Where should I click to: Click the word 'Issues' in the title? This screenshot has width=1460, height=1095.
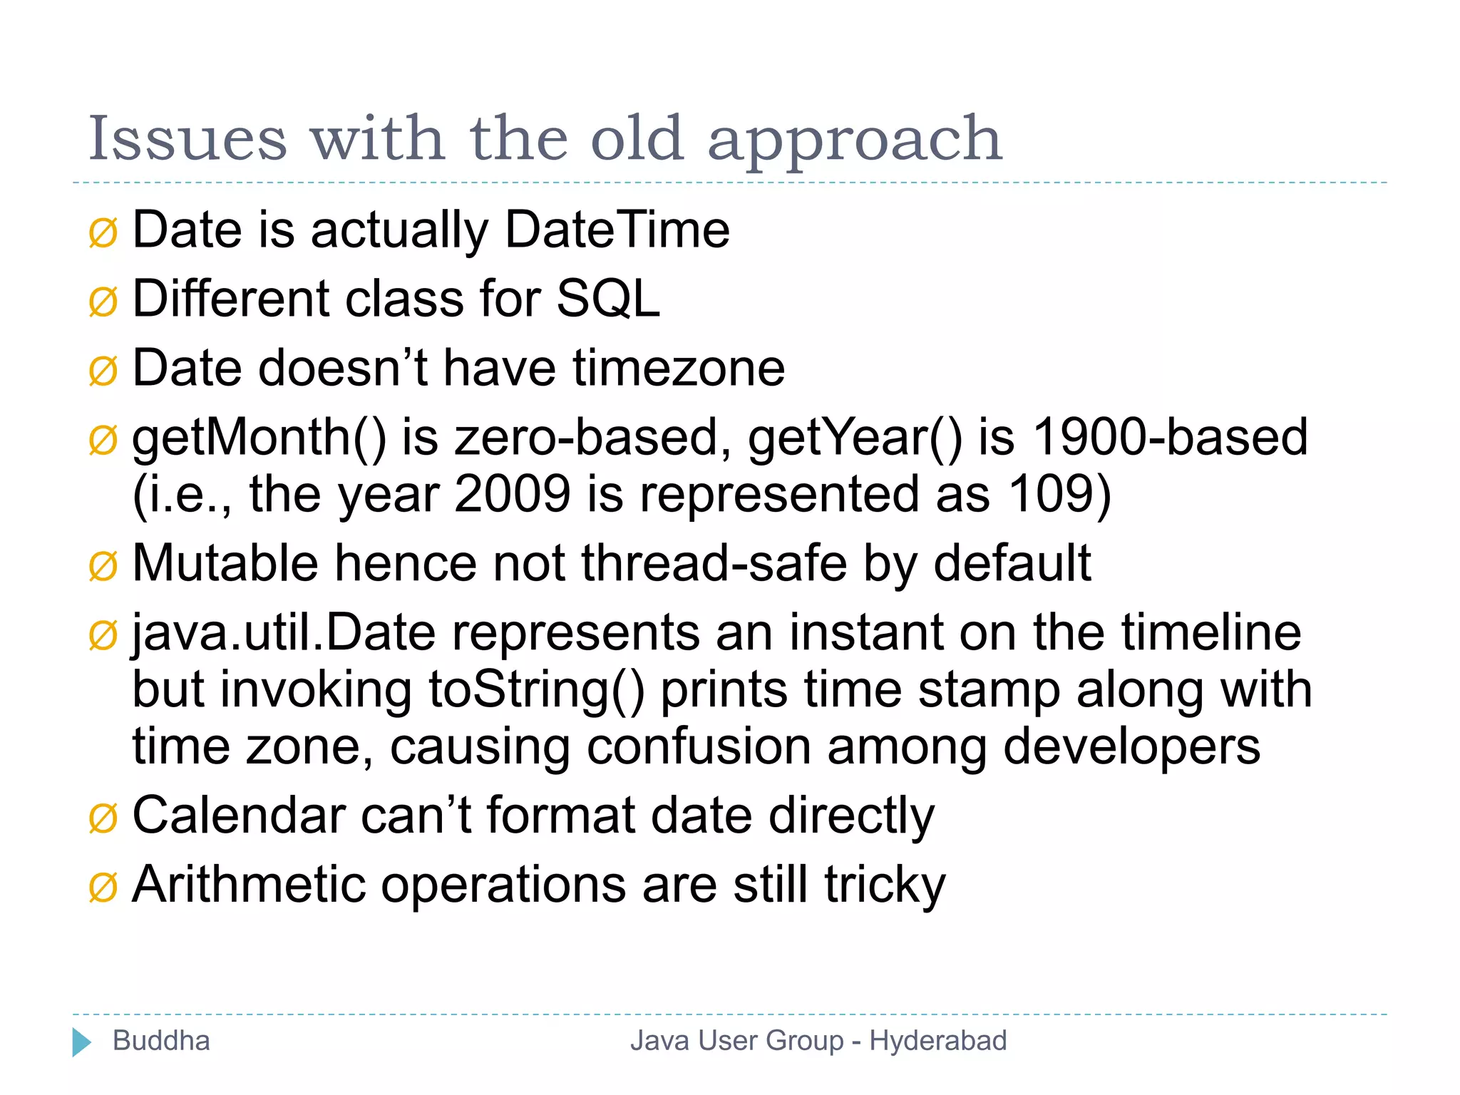pyautogui.click(x=187, y=139)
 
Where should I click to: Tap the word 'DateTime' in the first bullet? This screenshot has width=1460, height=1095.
pyautogui.click(x=617, y=230)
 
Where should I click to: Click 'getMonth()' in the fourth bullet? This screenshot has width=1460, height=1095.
pyautogui.click(x=259, y=438)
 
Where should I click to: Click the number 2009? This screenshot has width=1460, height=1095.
pyautogui.click(x=512, y=494)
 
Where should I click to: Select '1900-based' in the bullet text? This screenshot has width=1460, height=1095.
pyautogui.click(x=1170, y=437)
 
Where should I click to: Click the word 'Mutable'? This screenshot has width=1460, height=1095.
pyautogui.click(x=225, y=564)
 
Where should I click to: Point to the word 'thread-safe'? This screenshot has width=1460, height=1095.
pyautogui.click(x=714, y=564)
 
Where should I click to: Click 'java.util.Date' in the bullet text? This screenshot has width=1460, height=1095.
pyautogui.click(x=284, y=633)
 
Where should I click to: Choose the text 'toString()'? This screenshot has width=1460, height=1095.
pyautogui.click(x=536, y=690)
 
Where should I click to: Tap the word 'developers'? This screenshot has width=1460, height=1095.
pyautogui.click(x=1131, y=748)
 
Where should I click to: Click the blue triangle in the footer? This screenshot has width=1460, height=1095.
pyautogui.click(x=81, y=1042)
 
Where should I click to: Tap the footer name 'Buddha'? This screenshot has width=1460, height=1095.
pyautogui.click(x=161, y=1041)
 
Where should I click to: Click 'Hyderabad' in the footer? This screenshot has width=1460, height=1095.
pyautogui.click(x=937, y=1041)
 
